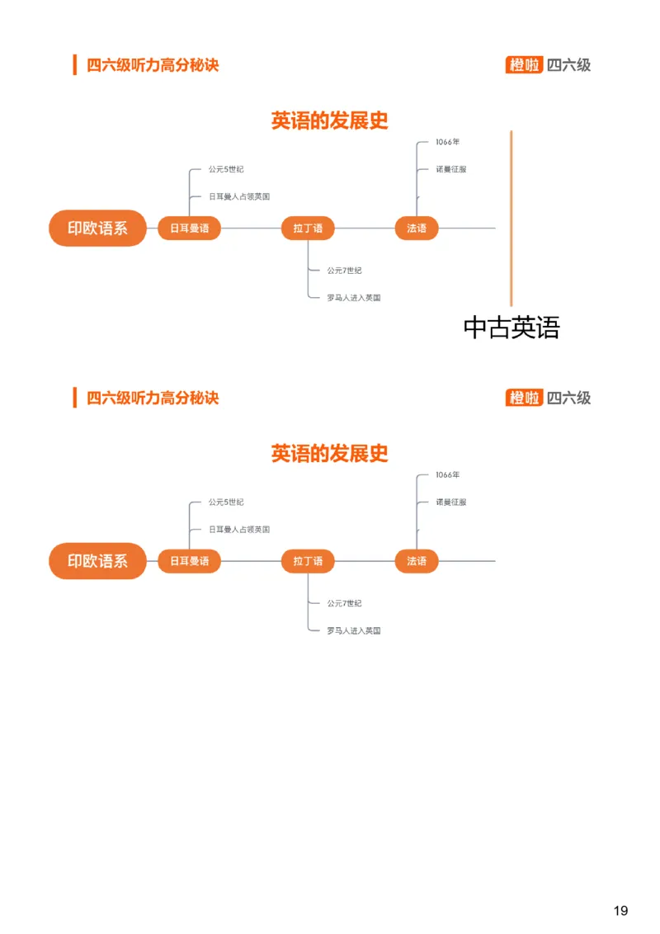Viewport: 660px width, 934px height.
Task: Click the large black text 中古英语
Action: (x=511, y=328)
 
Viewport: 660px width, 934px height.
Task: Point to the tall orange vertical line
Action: (x=511, y=219)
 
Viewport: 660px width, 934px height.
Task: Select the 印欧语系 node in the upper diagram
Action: (x=97, y=229)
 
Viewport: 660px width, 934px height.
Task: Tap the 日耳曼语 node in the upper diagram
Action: (x=189, y=229)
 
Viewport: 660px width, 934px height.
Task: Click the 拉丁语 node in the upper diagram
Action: (x=308, y=229)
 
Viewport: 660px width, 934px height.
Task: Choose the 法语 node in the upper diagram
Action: (x=417, y=229)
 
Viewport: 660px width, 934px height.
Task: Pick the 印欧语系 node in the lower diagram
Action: (x=97, y=561)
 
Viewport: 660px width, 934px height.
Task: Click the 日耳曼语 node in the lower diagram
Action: (x=189, y=561)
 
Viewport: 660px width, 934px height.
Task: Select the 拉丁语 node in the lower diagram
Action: (x=308, y=561)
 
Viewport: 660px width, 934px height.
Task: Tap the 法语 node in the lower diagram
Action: (x=417, y=561)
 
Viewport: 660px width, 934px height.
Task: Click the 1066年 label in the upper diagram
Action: (x=448, y=142)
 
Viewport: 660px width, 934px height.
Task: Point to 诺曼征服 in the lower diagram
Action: (x=451, y=502)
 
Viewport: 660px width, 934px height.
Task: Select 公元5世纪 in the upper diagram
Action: (x=226, y=169)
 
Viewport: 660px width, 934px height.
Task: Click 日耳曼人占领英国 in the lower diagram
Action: (x=239, y=529)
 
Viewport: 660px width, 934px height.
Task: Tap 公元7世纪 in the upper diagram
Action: (x=344, y=270)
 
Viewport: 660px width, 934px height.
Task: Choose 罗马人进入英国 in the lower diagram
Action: (x=354, y=630)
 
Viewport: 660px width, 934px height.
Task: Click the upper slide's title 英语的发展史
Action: (x=330, y=120)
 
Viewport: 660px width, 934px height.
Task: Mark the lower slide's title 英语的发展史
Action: (x=330, y=453)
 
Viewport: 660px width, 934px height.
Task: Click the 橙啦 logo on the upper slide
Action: (x=524, y=65)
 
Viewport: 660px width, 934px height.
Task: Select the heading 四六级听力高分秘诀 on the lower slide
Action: (x=153, y=398)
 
